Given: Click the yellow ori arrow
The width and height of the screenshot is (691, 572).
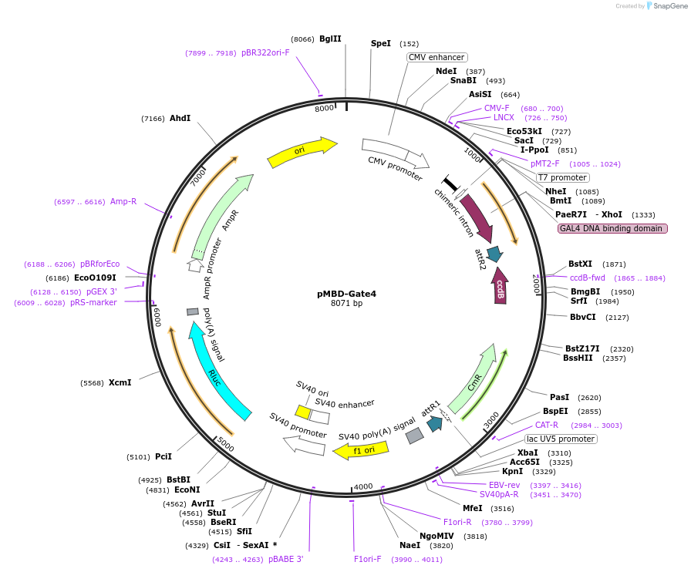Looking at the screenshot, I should pos(302,151).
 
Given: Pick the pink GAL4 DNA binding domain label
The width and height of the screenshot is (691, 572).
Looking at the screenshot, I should pos(612,228).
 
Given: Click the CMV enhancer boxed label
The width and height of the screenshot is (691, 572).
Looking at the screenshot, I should pos(437,57).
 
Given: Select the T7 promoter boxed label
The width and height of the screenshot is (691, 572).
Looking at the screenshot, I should pos(562,177).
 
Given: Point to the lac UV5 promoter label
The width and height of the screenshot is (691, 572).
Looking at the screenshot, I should pos(561,439).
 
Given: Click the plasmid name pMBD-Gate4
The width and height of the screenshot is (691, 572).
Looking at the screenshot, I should pos(346,294).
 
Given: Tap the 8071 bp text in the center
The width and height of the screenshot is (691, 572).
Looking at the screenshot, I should pos(346,304).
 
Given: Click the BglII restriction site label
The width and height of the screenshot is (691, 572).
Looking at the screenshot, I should pos(330,39).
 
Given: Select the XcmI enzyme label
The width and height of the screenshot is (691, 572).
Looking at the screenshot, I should pos(120,382).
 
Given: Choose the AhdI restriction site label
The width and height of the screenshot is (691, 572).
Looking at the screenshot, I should pos(180,118).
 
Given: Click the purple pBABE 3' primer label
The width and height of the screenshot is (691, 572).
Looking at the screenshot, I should pos(286,559).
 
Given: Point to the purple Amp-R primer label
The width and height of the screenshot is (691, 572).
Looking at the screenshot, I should pos(123,201).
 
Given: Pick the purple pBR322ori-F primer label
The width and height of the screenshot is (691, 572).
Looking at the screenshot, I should pos(265,52).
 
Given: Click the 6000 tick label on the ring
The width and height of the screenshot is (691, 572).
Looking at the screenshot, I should pos(157,316).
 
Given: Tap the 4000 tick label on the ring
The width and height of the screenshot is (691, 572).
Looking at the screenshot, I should pos(362,486).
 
